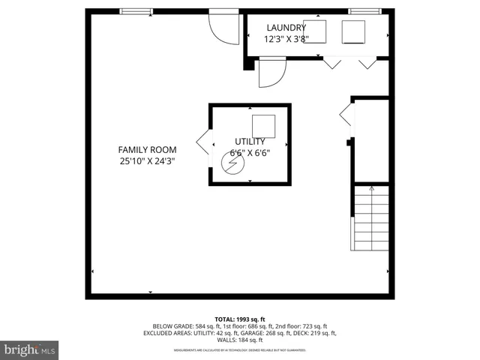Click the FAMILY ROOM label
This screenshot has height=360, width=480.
(147, 149)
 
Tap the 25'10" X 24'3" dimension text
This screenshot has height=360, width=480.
(147, 160)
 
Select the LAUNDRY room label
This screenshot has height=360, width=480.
(286, 28)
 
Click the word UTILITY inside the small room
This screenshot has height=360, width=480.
(250, 141)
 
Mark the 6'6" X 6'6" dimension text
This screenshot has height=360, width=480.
(250, 153)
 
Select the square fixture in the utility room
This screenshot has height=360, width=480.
(264, 127)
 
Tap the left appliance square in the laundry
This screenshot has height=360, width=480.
(315, 32)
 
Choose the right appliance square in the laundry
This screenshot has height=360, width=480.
(352, 32)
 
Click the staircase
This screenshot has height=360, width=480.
(371, 219)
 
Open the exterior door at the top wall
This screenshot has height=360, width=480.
(223, 26)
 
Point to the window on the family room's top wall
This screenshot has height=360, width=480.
(134, 11)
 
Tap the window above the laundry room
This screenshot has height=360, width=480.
(364, 11)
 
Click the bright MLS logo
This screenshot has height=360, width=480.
(30, 349)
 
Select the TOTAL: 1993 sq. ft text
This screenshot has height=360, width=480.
(240, 319)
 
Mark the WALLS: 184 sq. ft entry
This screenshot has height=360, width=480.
(240, 340)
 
